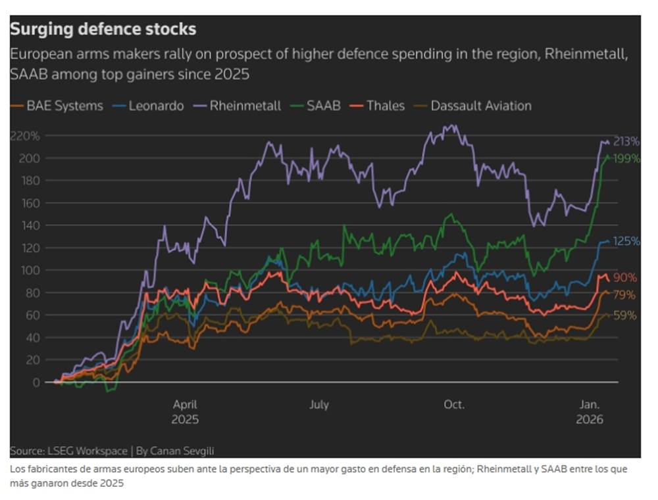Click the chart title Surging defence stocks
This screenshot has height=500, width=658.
click(x=103, y=30)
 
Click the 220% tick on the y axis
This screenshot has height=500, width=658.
click(x=25, y=136)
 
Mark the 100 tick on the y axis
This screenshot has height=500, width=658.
click(x=31, y=270)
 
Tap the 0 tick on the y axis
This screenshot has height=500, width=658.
click(x=37, y=382)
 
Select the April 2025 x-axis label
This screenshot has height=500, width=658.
click(x=185, y=412)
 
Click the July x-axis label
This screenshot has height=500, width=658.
click(x=319, y=405)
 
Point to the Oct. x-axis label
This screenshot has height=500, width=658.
click(x=454, y=405)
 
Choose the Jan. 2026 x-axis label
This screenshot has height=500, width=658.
click(x=589, y=412)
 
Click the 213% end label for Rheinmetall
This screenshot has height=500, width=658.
click(x=626, y=141)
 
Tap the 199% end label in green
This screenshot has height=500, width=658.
click(x=626, y=158)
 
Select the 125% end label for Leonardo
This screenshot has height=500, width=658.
click(x=626, y=241)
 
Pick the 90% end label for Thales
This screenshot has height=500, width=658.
click(x=624, y=277)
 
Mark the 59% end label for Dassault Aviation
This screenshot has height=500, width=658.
click(x=624, y=315)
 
